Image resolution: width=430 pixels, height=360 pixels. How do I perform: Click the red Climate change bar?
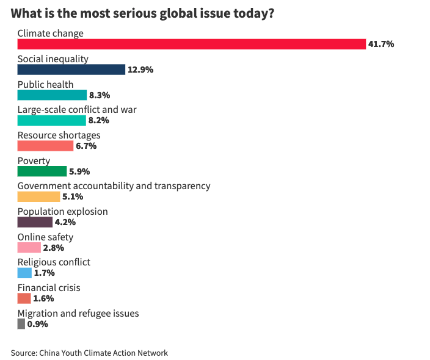point(191,44)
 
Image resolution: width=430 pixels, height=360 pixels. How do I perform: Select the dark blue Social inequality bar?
point(71,70)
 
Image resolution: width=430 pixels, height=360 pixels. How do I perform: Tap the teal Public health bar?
point(52,95)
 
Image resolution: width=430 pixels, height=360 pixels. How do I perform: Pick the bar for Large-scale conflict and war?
point(51,120)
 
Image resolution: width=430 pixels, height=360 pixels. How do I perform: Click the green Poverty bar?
point(42,171)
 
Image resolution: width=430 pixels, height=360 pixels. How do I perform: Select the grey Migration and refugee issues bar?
point(21,324)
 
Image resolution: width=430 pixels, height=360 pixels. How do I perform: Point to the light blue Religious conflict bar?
point(24,273)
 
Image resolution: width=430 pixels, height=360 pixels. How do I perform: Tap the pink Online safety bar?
point(29,248)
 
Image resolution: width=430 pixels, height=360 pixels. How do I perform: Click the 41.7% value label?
point(381,44)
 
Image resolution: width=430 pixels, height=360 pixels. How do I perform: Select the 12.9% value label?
point(140,70)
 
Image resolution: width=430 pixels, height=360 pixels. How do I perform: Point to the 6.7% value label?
point(86,146)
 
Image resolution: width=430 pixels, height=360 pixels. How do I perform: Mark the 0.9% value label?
point(38,324)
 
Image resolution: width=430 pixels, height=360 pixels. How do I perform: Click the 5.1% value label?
point(73,196)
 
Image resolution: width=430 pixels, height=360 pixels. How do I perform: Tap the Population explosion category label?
point(62,211)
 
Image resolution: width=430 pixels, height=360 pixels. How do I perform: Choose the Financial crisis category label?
point(49,287)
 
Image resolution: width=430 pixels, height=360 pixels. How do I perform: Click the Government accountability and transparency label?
point(114,185)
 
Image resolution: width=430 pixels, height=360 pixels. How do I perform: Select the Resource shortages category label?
point(59,135)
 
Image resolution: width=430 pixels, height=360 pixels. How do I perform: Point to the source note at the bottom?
point(89,353)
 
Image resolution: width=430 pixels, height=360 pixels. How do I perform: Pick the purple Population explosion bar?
point(35,222)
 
